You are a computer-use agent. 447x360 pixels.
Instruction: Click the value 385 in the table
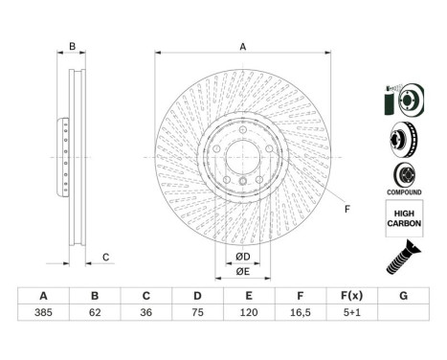[43, 312]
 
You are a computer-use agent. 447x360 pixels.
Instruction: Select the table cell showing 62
[95, 312]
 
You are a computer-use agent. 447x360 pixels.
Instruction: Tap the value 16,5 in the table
[301, 312]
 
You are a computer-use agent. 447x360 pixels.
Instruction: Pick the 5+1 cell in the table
[352, 312]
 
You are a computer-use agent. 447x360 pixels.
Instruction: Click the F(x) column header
[352, 296]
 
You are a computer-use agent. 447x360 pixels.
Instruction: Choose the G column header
[403, 296]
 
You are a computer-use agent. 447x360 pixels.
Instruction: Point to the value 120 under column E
[249, 312]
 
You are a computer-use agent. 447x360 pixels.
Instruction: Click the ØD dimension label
[243, 257]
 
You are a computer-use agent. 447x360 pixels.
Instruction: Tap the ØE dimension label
[243, 272]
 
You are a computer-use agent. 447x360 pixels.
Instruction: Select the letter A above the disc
[243, 47]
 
